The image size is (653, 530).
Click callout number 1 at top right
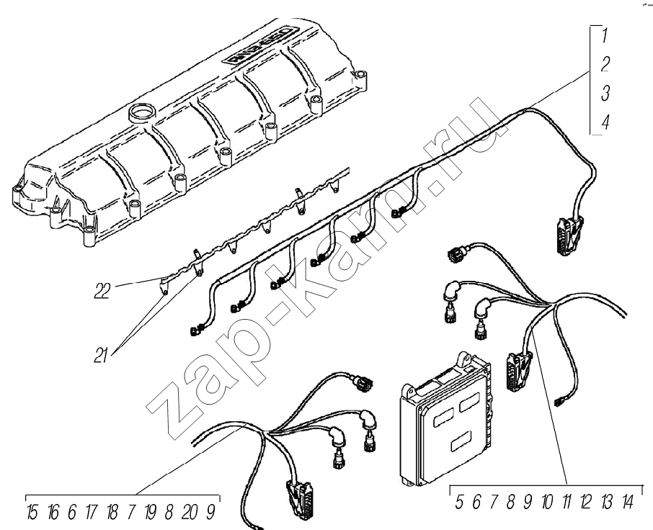pyautogui.click(x=606, y=35)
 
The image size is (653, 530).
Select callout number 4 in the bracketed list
pyautogui.click(x=605, y=122)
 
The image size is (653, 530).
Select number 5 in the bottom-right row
pyautogui.click(x=460, y=503)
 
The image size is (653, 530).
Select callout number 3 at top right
pyautogui.click(x=605, y=93)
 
